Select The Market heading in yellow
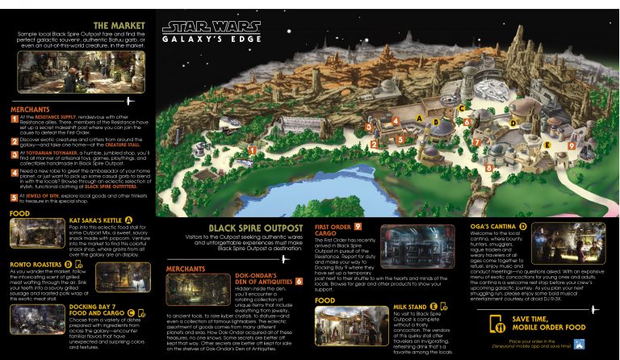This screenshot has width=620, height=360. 119,25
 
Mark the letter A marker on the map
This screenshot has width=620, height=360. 421,119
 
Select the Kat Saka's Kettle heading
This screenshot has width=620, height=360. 95,220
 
